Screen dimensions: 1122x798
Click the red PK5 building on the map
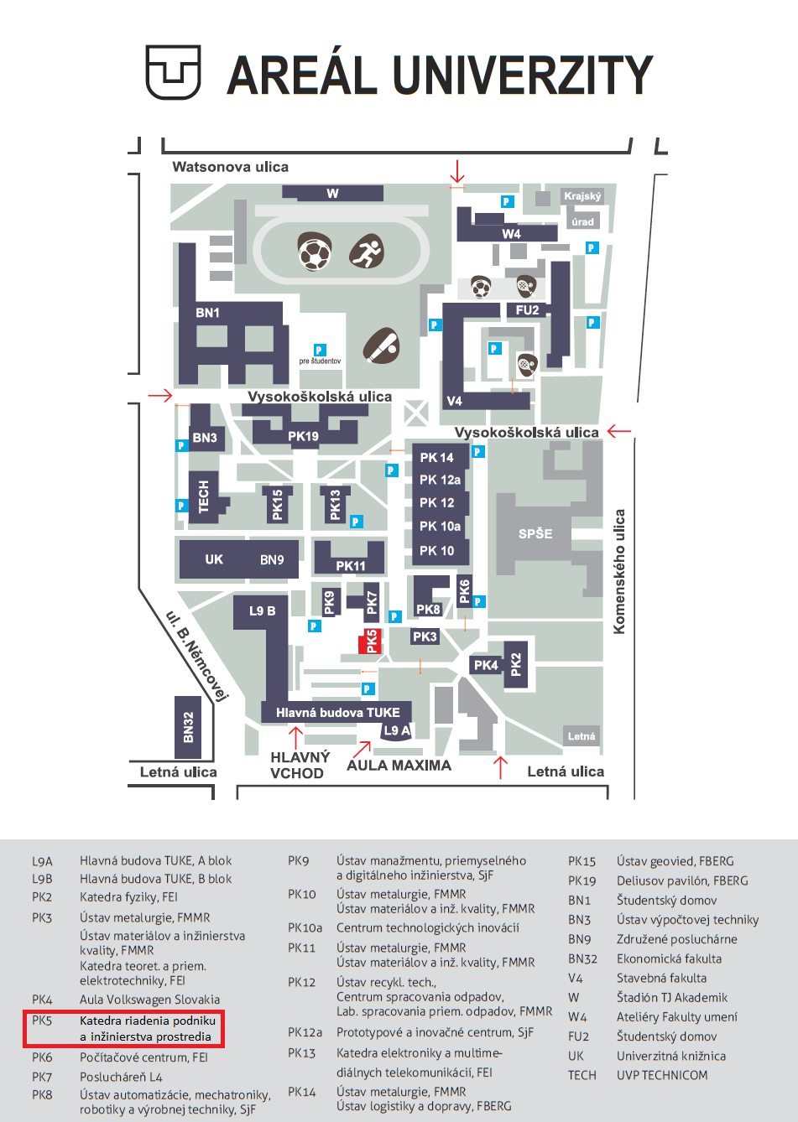point(370,642)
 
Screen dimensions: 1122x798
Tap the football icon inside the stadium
point(315,252)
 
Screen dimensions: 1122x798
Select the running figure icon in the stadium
point(366,251)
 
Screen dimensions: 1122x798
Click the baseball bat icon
point(382,345)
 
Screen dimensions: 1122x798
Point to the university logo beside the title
point(174,72)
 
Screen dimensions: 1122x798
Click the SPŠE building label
point(535,533)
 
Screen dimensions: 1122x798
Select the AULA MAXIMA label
point(399,765)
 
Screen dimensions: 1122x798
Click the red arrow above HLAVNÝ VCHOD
point(295,738)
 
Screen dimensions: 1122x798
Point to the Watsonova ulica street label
point(230,167)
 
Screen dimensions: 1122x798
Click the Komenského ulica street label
point(620,571)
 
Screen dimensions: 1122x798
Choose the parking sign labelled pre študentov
point(319,350)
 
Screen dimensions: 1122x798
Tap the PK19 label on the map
point(303,436)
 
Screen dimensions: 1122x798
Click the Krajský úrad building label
point(582,209)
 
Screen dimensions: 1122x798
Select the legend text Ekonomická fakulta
point(669,958)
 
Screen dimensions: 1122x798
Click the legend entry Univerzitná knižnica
point(670,1056)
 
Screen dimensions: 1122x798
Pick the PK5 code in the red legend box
point(42,1021)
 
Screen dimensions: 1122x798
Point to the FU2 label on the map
point(527,310)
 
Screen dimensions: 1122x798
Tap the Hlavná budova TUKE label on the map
point(337,713)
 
